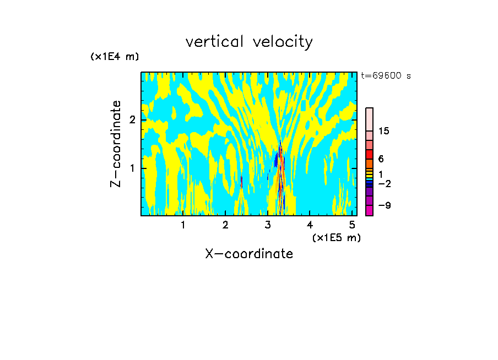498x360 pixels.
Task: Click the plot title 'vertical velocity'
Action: pos(249,42)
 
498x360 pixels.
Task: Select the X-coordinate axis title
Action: pos(249,254)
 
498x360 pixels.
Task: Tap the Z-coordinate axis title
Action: pos(116,144)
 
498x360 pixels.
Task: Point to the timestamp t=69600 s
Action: pos(386,76)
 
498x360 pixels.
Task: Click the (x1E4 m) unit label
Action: pos(115,57)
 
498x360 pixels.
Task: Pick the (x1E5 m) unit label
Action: pos(336,237)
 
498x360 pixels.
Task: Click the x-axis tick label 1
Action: pos(183,225)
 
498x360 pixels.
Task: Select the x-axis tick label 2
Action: pos(225,225)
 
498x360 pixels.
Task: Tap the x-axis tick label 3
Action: pos(268,225)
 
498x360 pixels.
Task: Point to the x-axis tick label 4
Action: pos(310,225)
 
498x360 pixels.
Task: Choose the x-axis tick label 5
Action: pos(352,225)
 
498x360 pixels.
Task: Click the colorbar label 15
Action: pos(384,131)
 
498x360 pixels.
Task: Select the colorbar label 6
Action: pos(381,159)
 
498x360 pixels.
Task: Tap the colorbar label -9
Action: pos(383,205)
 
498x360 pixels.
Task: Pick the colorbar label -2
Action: pos(383,183)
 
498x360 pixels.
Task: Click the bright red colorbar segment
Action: pos(369,154)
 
